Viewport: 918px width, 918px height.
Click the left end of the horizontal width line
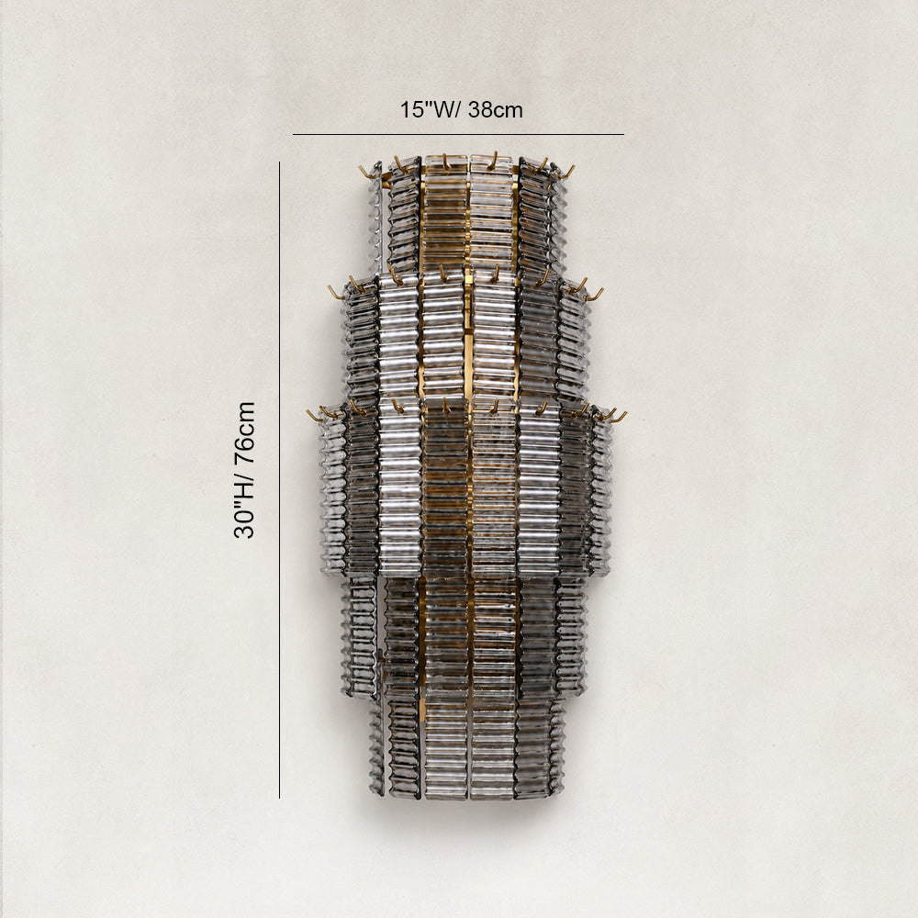tap(293, 134)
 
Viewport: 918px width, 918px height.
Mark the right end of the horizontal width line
tap(624, 134)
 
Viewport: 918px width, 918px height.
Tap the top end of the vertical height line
tap(279, 162)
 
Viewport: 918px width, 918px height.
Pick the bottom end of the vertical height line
tap(279, 798)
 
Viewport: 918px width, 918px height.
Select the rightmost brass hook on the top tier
tap(567, 172)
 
